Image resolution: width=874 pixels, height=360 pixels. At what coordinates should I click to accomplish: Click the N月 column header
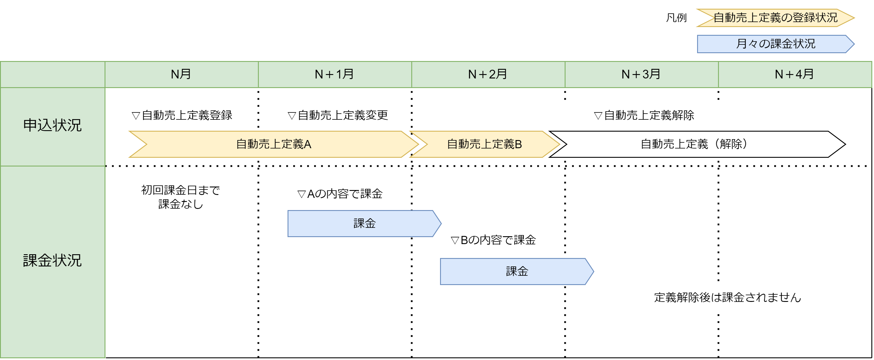(x=181, y=74)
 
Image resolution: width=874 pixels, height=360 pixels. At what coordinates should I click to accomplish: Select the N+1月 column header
(x=335, y=74)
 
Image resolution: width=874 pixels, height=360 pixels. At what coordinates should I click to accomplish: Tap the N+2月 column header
(x=488, y=74)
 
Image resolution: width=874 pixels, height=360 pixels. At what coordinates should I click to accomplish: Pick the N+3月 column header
(x=641, y=74)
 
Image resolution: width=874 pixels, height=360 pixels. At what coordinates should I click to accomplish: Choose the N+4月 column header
(x=795, y=74)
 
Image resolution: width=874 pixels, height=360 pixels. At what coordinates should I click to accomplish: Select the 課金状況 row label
(x=52, y=261)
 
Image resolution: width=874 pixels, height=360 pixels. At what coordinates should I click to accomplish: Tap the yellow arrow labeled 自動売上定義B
(x=484, y=144)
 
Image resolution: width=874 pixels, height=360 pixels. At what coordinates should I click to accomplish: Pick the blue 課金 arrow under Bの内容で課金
(x=516, y=271)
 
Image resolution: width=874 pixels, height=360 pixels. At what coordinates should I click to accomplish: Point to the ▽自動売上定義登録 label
(x=182, y=116)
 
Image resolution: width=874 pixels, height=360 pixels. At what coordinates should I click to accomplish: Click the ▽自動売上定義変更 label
(x=338, y=116)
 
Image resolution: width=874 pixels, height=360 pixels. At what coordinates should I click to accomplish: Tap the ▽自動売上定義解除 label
(x=644, y=116)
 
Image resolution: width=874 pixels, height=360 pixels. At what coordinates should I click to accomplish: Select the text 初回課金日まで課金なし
(x=180, y=197)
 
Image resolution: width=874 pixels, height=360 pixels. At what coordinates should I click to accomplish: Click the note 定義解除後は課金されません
(x=727, y=298)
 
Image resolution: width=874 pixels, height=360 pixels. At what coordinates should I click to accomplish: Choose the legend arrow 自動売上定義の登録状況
(x=776, y=18)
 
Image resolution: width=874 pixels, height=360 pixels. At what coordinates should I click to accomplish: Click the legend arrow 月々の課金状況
(x=776, y=44)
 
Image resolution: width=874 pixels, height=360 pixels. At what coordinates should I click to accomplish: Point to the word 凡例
(x=676, y=18)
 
